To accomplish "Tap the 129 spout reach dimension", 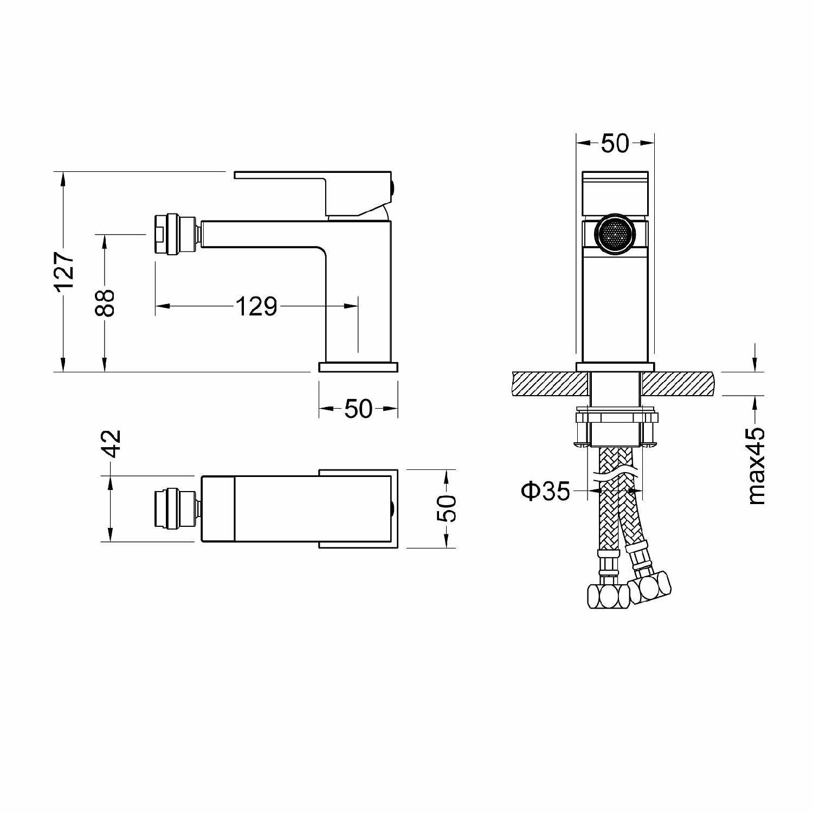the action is coord(256,306).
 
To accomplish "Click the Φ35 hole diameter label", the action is coord(546,491).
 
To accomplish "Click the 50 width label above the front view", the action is coord(615,143).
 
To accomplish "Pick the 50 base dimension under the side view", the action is coord(358,409).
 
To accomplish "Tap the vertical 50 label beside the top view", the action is coord(447,508).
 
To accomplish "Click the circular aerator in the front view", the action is coord(615,234).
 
